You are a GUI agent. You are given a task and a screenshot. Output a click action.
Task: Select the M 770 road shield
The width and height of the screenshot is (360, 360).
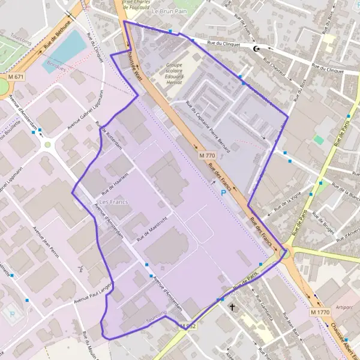[206, 155]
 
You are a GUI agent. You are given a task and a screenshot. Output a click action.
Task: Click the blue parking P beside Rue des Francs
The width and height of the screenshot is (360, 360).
[224, 193]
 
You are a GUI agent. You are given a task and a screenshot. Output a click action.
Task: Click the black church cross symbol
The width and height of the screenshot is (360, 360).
[233, 307]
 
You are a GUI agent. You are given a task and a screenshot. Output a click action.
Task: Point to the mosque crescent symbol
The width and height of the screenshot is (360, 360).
[258, 49]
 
